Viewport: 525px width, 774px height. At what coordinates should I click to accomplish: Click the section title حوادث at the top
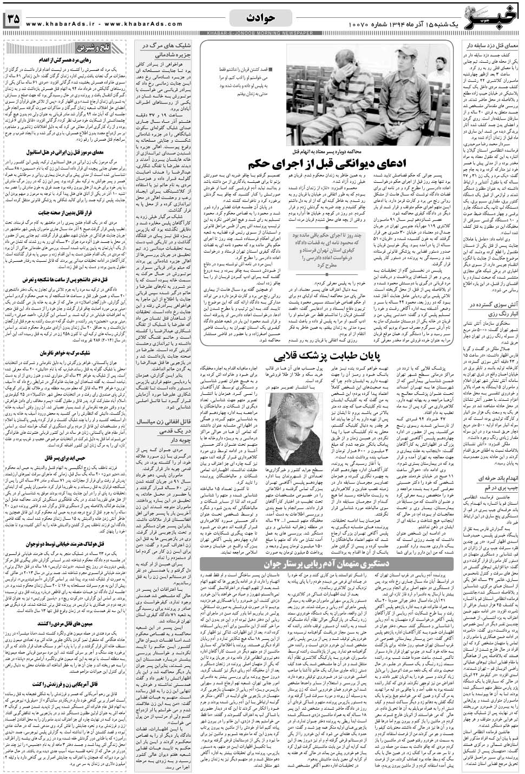(x=261, y=18)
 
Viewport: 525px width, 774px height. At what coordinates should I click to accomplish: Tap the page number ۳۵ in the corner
(x=14, y=19)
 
